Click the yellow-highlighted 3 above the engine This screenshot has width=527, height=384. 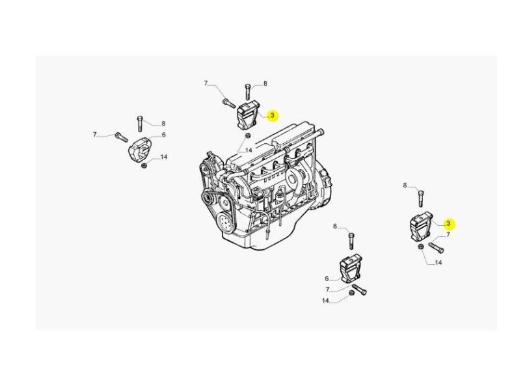(x=273, y=115)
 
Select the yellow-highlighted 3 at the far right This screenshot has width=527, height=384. (x=448, y=223)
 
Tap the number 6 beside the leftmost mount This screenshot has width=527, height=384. (x=164, y=135)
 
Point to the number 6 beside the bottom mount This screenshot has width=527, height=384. (x=327, y=279)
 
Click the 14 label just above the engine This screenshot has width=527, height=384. (x=249, y=150)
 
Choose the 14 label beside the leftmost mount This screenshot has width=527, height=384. (x=164, y=157)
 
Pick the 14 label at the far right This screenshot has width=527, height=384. (x=439, y=262)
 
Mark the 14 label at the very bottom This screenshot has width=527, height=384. (x=325, y=301)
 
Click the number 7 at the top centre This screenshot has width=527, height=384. (x=206, y=83)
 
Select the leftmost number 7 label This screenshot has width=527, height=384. (x=95, y=135)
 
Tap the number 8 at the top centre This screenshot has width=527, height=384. (x=265, y=84)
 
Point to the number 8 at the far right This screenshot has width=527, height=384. (x=405, y=185)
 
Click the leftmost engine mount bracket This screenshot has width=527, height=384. (x=139, y=150)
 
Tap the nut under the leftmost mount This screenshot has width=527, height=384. (x=144, y=165)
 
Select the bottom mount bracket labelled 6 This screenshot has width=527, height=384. (x=351, y=269)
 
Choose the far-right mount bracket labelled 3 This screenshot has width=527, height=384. (x=421, y=226)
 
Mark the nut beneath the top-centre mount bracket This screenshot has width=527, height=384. (x=247, y=135)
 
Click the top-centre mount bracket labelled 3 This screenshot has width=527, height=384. (x=249, y=116)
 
